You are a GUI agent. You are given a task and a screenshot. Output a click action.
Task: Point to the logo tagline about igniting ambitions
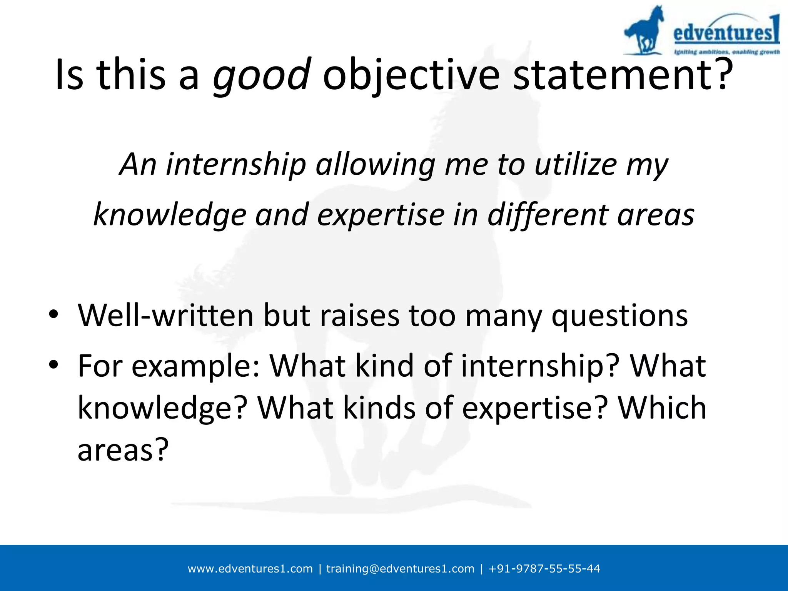coord(726,52)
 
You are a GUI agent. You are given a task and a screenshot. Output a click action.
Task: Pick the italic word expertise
coord(381,215)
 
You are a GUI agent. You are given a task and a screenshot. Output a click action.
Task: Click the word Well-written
coord(166,316)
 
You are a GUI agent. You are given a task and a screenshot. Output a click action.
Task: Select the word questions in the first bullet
coord(619,316)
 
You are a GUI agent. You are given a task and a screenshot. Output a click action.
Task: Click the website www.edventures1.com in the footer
coord(250,569)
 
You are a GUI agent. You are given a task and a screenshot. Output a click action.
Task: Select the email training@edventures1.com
coord(400,569)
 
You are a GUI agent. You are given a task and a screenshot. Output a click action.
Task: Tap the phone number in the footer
coord(544,569)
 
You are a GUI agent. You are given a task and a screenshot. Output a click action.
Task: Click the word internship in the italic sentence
coord(236,165)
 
